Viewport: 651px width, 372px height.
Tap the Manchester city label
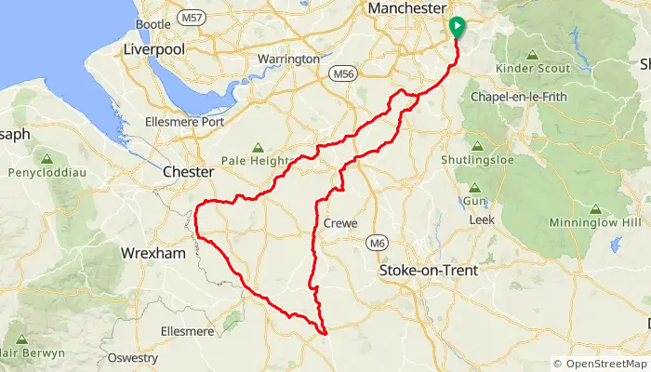point(406,8)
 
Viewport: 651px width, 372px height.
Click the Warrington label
point(288,59)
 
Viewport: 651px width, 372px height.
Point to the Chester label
point(188,172)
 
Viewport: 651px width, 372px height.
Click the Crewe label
point(340,223)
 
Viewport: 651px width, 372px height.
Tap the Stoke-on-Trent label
point(429,271)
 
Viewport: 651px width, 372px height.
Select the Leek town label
point(481,219)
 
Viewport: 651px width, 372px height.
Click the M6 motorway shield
point(377,244)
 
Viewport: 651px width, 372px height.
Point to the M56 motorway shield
point(341,72)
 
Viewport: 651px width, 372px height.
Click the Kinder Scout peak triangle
point(531,55)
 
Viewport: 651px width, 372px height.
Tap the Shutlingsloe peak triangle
point(477,146)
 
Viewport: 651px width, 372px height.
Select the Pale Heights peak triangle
point(257,147)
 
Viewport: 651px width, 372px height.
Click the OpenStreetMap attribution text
point(600,364)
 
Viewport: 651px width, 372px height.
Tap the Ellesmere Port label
point(185,122)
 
